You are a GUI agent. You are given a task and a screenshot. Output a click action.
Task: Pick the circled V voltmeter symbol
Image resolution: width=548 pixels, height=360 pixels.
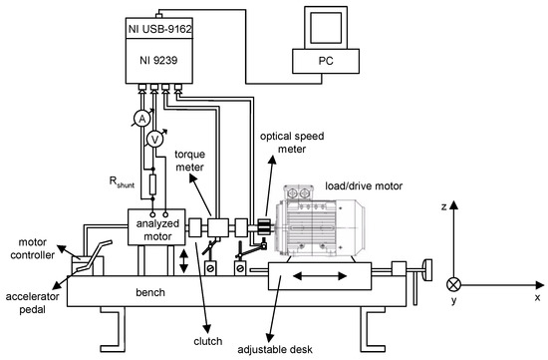153,141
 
